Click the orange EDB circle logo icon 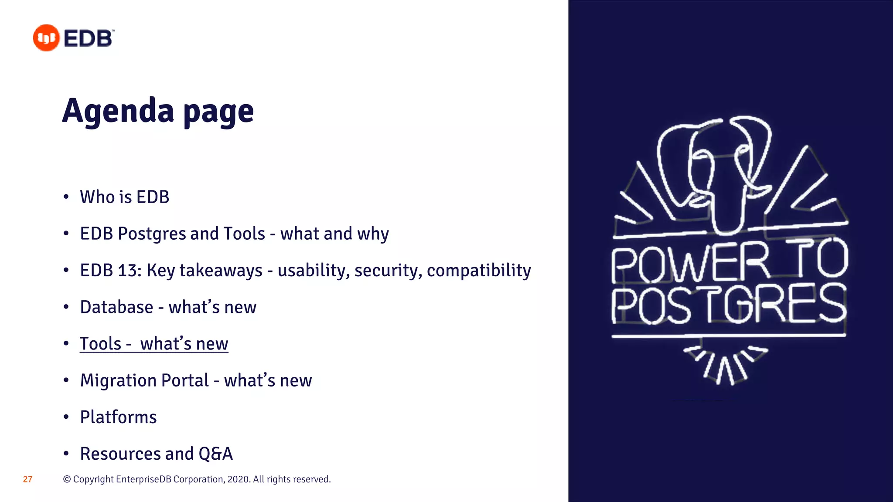click(46, 38)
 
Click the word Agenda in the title click(118, 111)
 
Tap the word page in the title click(218, 112)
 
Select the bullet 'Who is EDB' click(125, 197)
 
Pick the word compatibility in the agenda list click(479, 271)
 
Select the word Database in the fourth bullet click(117, 307)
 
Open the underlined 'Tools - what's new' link click(154, 344)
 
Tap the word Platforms click(119, 417)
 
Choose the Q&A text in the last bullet click(216, 454)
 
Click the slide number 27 click(28, 479)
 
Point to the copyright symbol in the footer click(67, 479)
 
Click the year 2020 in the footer click(238, 479)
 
